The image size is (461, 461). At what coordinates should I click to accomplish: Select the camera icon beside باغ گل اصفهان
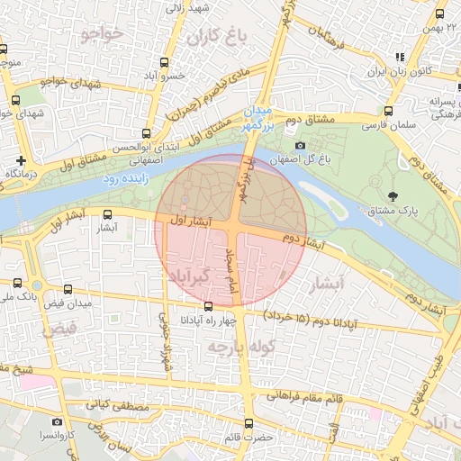(x=300, y=146)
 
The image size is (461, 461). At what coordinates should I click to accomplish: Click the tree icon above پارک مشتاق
(x=393, y=196)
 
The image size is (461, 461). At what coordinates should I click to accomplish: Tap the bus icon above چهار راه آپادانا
(x=209, y=306)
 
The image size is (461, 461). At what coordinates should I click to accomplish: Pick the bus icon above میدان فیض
(x=69, y=289)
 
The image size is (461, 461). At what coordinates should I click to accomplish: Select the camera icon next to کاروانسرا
(x=58, y=420)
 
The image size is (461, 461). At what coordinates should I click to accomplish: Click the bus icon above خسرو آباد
(x=164, y=62)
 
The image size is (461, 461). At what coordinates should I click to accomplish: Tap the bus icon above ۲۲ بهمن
(x=439, y=14)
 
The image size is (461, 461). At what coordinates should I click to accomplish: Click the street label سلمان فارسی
(x=385, y=126)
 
